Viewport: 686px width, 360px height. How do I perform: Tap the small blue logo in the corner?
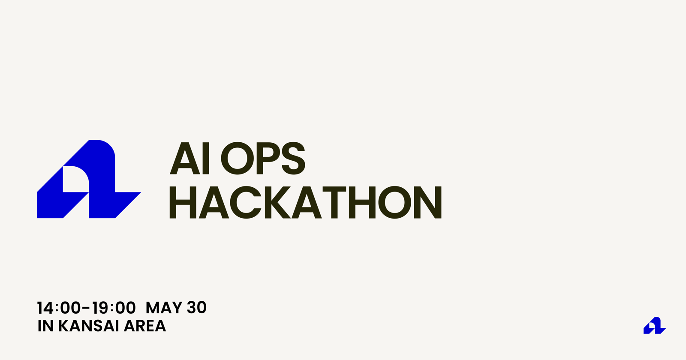pyautogui.click(x=654, y=325)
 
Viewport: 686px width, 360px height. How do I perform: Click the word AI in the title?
pyautogui.click(x=190, y=158)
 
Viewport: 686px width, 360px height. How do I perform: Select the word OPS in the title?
pyautogui.click(x=263, y=158)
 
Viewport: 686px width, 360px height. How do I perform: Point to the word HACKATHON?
pyautogui.click(x=306, y=202)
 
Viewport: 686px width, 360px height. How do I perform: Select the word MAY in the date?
pyautogui.click(x=163, y=308)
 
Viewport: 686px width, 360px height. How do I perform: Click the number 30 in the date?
pyautogui.click(x=197, y=308)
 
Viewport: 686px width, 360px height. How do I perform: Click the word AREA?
pyautogui.click(x=145, y=326)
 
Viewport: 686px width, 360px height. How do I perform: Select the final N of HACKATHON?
pyautogui.click(x=428, y=202)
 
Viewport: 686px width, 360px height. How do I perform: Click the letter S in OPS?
pyautogui.click(x=293, y=158)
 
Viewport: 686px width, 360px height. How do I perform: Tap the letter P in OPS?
pyautogui.click(x=267, y=158)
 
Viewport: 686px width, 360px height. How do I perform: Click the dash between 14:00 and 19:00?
pyautogui.click(x=86, y=307)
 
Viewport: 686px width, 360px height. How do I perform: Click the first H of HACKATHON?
pyautogui.click(x=183, y=202)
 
